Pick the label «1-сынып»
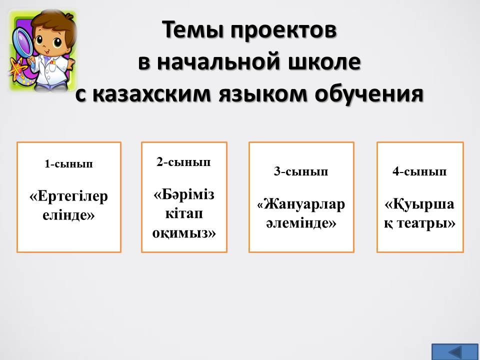pyautogui.click(x=68, y=164)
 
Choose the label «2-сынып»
pyautogui.click(x=183, y=162)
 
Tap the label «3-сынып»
pyautogui.click(x=301, y=171)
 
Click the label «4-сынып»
pyautogui.click(x=419, y=171)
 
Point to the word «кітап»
pyautogui.click(x=184, y=213)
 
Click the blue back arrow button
pyautogui.click(x=454, y=352)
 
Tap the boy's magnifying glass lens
pyautogui.click(x=22, y=39)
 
